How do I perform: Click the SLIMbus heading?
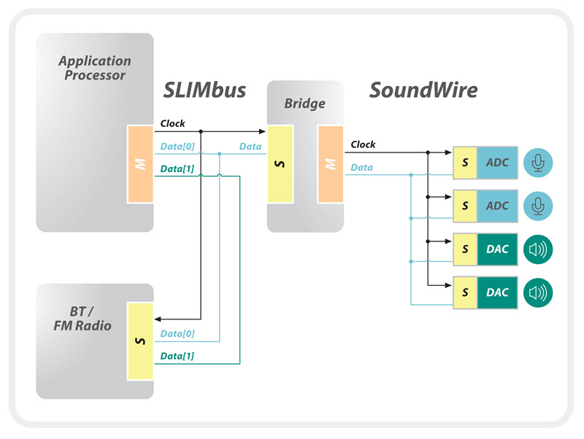[x=204, y=90]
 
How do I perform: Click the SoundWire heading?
[x=423, y=90]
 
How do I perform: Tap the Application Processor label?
[x=94, y=68]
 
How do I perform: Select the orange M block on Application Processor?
[x=139, y=164]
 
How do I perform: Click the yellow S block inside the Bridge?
[x=280, y=164]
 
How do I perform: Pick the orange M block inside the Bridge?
[x=328, y=164]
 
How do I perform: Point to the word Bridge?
[x=304, y=103]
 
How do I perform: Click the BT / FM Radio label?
[x=82, y=318]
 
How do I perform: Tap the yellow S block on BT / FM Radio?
[x=139, y=341]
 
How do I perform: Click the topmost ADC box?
[x=497, y=163]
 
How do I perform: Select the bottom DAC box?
[x=497, y=292]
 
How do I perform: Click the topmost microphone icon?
[x=538, y=163]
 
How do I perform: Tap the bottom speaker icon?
[x=538, y=292]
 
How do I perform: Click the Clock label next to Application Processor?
[x=172, y=124]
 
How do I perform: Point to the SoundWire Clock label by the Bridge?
[x=363, y=144]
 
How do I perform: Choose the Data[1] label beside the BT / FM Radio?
[x=177, y=355]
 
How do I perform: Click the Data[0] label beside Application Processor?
[x=177, y=147]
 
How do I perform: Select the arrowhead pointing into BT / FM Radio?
[x=158, y=319]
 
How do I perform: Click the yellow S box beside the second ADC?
[x=465, y=206]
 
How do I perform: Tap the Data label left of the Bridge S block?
[x=250, y=147]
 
